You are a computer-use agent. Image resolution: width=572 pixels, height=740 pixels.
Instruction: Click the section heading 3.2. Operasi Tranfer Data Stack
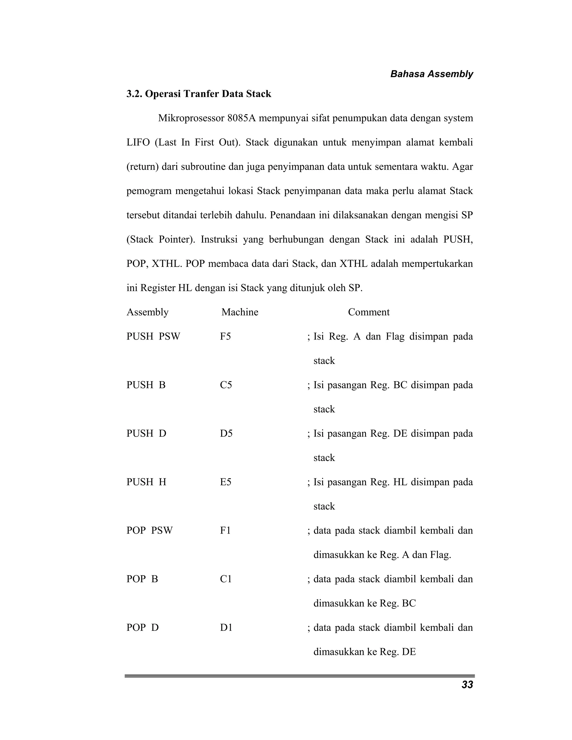point(199,94)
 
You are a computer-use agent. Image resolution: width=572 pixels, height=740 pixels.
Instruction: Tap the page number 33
point(467,684)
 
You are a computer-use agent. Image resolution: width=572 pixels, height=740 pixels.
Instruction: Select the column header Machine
point(240,312)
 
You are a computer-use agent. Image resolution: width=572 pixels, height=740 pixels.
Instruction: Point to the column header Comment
point(369,312)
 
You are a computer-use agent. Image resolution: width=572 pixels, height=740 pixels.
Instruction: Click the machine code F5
point(225,336)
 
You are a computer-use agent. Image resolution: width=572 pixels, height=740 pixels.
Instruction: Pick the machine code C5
point(226,385)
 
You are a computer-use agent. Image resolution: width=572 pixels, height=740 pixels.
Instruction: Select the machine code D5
point(226,433)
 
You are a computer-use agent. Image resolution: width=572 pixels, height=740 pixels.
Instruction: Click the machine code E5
point(225,482)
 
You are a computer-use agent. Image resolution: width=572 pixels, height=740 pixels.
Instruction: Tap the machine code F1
point(225,530)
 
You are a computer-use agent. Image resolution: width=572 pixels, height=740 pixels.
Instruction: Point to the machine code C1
point(226,579)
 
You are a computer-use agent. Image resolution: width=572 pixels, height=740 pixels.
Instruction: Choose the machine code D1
point(226,627)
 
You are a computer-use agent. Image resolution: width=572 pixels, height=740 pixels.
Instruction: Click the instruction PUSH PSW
point(153,336)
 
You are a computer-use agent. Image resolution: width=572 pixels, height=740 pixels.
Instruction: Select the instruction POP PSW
point(149,530)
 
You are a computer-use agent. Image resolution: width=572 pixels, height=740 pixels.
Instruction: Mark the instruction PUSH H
point(146,482)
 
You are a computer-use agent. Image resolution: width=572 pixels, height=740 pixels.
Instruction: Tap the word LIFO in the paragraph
point(138,142)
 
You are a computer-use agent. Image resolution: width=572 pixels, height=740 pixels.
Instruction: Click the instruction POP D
point(142,627)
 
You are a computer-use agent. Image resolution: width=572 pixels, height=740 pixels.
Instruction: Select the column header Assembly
point(147,312)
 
